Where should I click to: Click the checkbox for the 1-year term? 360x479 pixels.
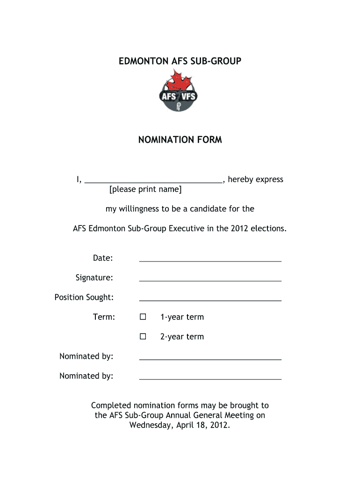[x=143, y=317]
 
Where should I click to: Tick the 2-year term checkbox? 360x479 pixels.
[x=143, y=337]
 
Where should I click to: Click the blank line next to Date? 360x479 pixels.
[x=210, y=260]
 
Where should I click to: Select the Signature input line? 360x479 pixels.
[x=210, y=279]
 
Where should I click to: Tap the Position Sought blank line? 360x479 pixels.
[x=210, y=299]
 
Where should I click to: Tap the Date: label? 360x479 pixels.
[x=103, y=258]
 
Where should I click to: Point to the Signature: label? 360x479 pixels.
[x=94, y=278]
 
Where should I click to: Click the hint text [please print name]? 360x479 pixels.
[x=145, y=189]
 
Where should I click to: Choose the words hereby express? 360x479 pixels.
[x=255, y=180]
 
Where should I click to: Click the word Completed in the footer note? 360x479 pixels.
[x=111, y=406]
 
